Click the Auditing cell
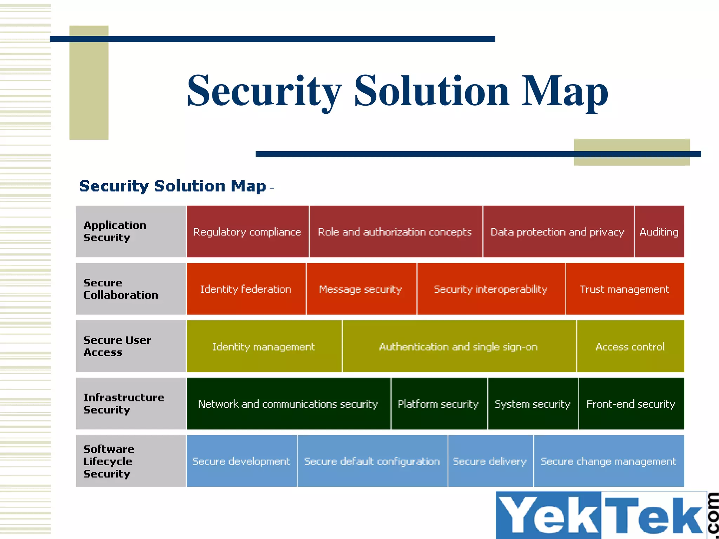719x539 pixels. pyautogui.click(x=659, y=232)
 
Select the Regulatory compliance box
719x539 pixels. pyautogui.click(x=247, y=232)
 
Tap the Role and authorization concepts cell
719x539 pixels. pyautogui.click(x=395, y=232)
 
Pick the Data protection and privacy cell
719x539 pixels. pyautogui.click(x=558, y=232)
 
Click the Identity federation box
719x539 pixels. pyautogui.click(x=246, y=289)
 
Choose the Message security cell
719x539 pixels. pyautogui.click(x=361, y=289)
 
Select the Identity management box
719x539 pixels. pyautogui.click(x=264, y=346)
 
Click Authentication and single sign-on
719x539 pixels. pyautogui.click(x=459, y=346)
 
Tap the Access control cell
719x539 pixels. pyautogui.click(x=631, y=346)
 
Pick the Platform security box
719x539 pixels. pyautogui.click(x=438, y=404)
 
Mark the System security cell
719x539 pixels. pyautogui.click(x=533, y=404)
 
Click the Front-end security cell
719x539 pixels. pyautogui.click(x=631, y=404)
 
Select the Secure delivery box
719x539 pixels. pyautogui.click(x=490, y=461)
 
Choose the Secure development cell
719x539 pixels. pyautogui.click(x=241, y=461)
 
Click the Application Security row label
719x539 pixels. pyautogui.click(x=130, y=232)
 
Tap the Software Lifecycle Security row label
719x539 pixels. pyautogui.click(x=130, y=461)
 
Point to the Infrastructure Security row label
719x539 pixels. pyautogui.click(x=130, y=404)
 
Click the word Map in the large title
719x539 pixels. pyautogui.click(x=565, y=91)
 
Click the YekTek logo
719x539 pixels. pyautogui.click(x=604, y=515)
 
